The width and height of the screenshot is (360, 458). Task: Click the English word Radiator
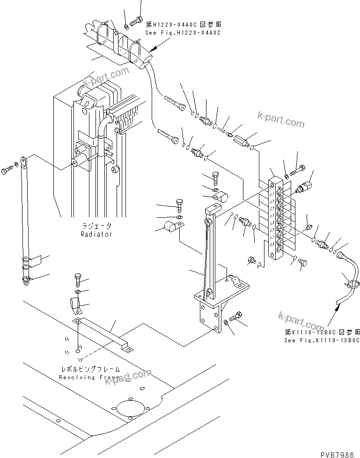pyautogui.click(x=96, y=234)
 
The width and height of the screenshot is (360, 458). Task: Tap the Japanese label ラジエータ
pyautogui.click(x=96, y=226)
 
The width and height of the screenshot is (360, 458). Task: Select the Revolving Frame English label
pyautogui.click(x=88, y=377)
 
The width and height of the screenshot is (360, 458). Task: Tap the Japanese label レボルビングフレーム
pyautogui.click(x=88, y=369)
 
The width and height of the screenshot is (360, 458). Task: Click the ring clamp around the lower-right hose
pyautogui.click(x=352, y=282)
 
